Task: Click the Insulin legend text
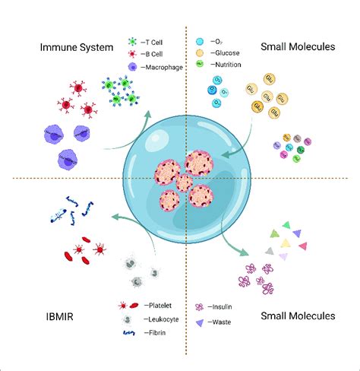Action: pyautogui.click(x=223, y=307)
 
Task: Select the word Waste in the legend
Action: pyautogui.click(x=222, y=322)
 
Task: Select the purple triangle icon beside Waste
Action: pyautogui.click(x=199, y=322)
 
